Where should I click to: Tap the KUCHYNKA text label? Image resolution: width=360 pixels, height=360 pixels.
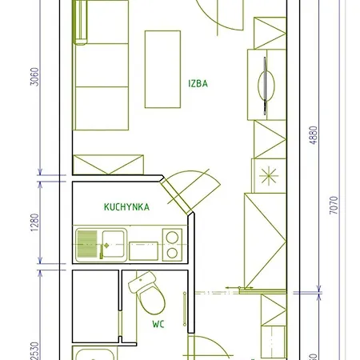pos(126,206)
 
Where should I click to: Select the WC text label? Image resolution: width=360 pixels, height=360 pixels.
pos(158,326)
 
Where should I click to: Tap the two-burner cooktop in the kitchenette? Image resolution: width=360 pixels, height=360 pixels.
pos(171,244)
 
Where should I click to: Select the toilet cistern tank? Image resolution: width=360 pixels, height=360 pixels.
pos(143,281)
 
